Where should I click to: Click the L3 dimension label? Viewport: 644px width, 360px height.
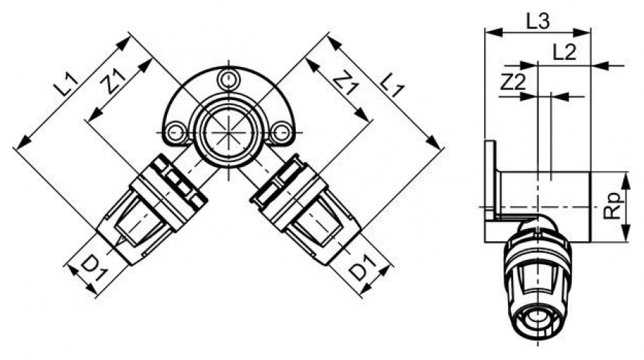[x=538, y=21]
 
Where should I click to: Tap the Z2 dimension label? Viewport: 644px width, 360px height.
[x=512, y=82]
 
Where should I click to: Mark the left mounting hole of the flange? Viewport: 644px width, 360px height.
[x=173, y=132]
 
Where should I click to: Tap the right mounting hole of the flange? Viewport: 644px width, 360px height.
[x=283, y=132]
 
